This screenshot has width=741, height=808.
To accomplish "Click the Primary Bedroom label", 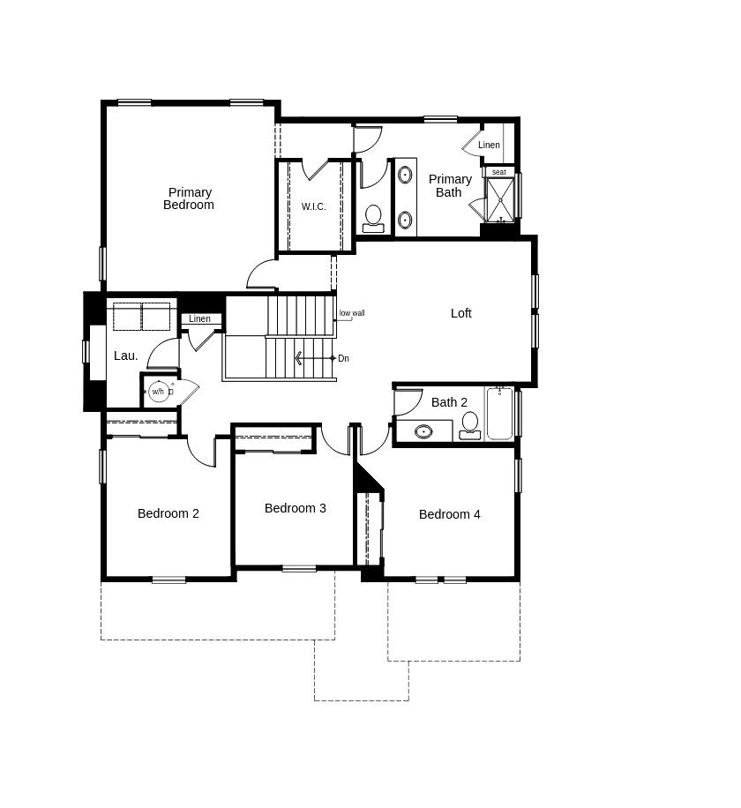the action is click(x=189, y=198).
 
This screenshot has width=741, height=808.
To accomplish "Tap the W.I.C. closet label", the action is click(x=313, y=206).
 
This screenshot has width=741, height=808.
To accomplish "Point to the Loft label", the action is click(x=461, y=313).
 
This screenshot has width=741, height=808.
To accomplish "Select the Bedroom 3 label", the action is click(x=296, y=508).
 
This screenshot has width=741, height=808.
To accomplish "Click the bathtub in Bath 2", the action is click(x=499, y=414).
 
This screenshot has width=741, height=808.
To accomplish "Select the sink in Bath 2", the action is click(x=423, y=431).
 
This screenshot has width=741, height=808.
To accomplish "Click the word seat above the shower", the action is click(x=498, y=172).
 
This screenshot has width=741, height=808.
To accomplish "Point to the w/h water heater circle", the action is click(x=158, y=392).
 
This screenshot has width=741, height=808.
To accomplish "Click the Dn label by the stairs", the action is click(x=343, y=359).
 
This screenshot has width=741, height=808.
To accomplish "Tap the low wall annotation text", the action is click(x=352, y=313).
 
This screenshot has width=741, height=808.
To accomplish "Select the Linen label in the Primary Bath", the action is click(x=489, y=145).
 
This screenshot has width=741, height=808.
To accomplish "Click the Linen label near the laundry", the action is click(x=199, y=319).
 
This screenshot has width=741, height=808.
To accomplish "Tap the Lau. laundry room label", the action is click(x=126, y=355).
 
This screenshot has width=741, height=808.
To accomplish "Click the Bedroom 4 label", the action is click(x=449, y=514).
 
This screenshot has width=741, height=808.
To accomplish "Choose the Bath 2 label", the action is click(x=449, y=402).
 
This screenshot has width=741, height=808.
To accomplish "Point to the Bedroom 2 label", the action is click(x=168, y=513).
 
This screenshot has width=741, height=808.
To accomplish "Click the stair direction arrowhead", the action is click(x=298, y=358).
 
